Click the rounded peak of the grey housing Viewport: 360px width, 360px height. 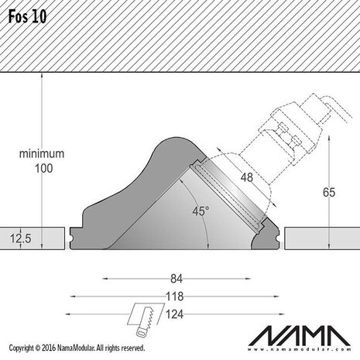(175, 142)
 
